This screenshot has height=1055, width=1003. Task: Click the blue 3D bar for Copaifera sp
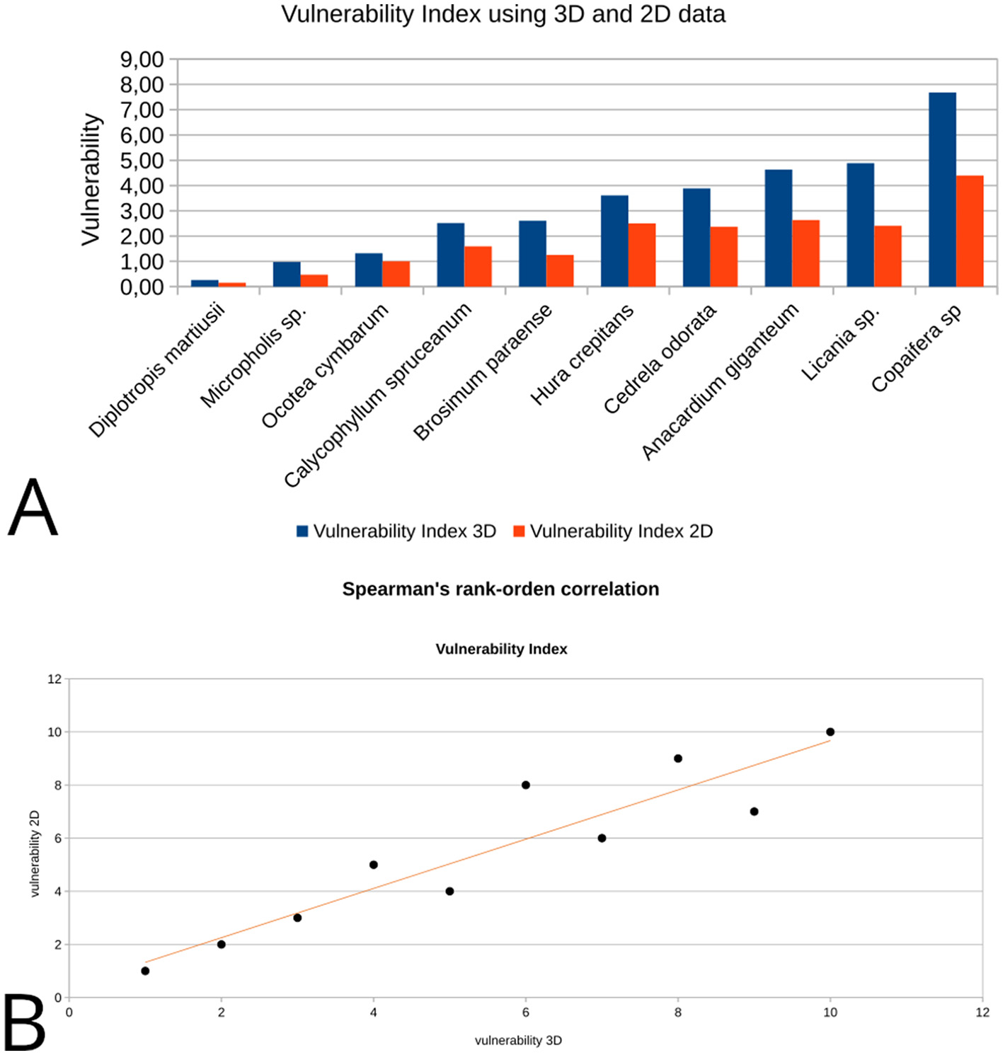coord(942,190)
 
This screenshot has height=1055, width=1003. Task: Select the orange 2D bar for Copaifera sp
coord(970,231)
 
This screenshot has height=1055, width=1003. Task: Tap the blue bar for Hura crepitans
coord(614,241)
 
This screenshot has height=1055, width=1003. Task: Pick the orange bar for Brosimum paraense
coord(560,271)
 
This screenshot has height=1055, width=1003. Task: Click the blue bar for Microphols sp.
coord(287,275)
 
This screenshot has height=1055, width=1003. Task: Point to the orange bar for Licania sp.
coord(888,256)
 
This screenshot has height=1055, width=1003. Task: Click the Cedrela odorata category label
coord(660,359)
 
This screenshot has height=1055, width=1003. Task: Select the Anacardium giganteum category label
coord(720,381)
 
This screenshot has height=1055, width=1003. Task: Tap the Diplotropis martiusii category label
coord(156,370)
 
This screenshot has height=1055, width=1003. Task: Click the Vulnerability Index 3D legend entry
coord(396,531)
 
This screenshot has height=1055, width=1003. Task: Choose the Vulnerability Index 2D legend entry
coord(613,531)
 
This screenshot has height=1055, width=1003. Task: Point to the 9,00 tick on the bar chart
coord(142,60)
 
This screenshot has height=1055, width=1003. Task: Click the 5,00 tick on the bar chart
coord(142,161)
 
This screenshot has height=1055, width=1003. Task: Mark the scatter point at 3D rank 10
coord(830,732)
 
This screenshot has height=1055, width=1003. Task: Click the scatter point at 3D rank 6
coord(526,785)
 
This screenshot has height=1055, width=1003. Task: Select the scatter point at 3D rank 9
coord(754,812)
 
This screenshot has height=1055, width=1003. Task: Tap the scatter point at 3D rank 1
coord(145,971)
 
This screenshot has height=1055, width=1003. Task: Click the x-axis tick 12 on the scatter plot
coord(982,1013)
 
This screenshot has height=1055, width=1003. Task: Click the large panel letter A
coord(33,508)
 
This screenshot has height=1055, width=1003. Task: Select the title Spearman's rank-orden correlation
coord(500,589)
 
